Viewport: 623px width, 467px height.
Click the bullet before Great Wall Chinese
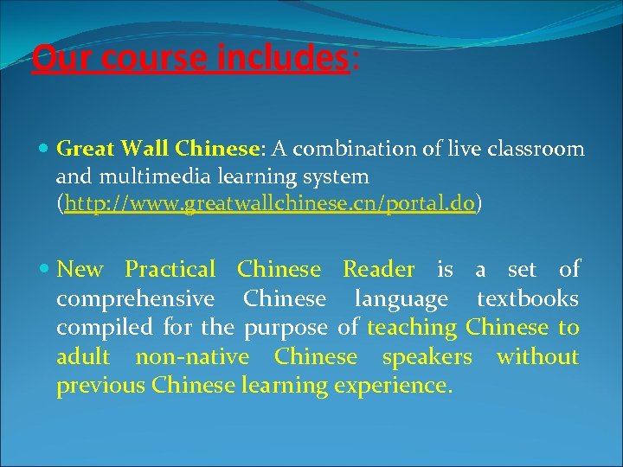pos(45,149)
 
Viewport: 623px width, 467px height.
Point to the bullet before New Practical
pos(45,269)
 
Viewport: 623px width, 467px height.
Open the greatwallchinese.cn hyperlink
pos(267,205)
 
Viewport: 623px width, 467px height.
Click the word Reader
pos(378,269)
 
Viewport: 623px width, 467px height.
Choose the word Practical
pos(170,269)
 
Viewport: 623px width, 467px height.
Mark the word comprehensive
pos(135,299)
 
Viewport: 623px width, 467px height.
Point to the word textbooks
pos(528,298)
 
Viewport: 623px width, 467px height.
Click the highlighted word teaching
pos(412,328)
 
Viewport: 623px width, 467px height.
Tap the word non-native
pos(192,356)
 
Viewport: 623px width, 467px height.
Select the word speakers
pos(427,356)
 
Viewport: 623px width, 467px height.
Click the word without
pos(537,356)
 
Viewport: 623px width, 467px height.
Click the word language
pos(401,299)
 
